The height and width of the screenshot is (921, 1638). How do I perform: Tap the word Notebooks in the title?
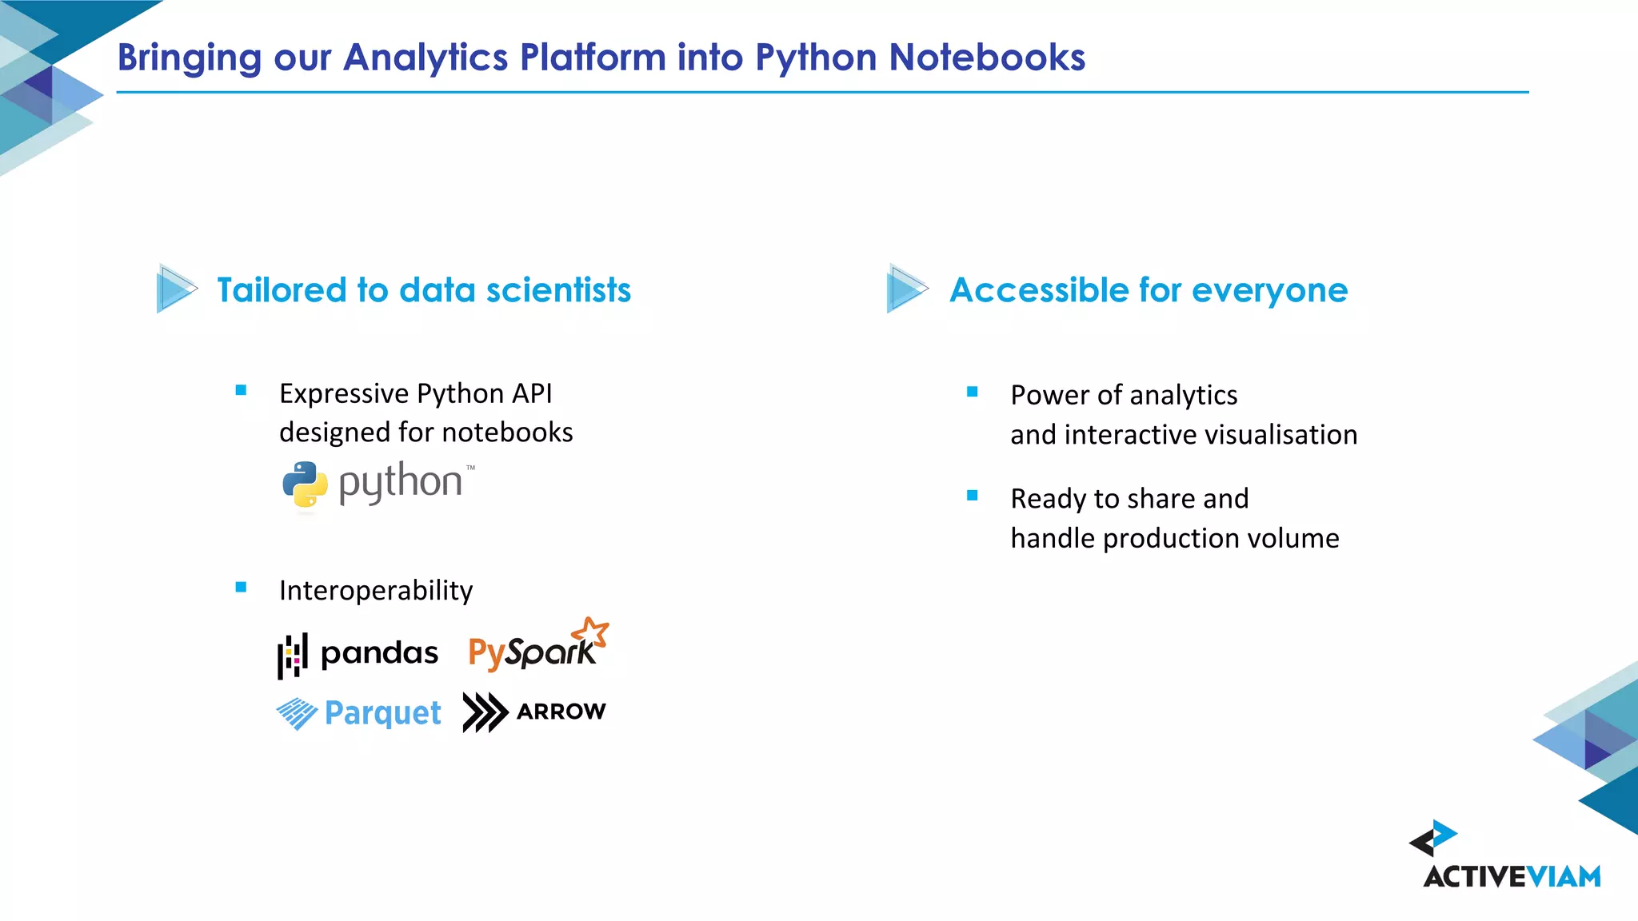coord(987,58)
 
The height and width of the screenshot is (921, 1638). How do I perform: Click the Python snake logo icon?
coord(305,484)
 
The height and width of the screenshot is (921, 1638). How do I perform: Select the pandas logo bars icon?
coord(292,656)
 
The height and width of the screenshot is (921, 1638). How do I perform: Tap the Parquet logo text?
coord(382,712)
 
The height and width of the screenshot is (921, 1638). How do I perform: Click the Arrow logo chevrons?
coord(485,712)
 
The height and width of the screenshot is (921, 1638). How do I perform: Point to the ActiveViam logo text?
coord(1512,877)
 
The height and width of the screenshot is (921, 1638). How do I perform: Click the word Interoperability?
coord(376,591)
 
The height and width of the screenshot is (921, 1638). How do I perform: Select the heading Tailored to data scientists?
coord(424,290)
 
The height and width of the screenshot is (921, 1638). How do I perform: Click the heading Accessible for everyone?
coord(1148,290)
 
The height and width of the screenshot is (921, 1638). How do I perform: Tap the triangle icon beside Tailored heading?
coord(175,289)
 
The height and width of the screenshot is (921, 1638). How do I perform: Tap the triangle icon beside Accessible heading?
coord(906,289)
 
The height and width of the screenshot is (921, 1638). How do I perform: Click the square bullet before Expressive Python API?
coord(241,390)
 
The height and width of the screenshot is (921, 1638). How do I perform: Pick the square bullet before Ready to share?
coord(973,496)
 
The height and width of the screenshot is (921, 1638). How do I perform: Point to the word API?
coord(532,393)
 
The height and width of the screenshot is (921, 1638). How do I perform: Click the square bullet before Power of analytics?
coord(973,392)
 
